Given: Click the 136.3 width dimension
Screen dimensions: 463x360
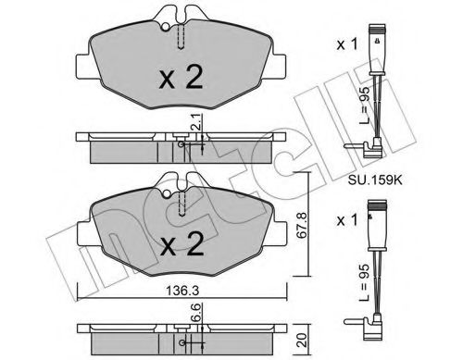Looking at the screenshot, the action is click(x=182, y=291).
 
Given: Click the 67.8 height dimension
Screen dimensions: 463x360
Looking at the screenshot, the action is click(x=301, y=225).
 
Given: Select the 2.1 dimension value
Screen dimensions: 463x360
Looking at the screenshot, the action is click(x=197, y=122).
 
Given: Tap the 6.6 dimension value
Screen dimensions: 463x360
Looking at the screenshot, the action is click(x=197, y=313).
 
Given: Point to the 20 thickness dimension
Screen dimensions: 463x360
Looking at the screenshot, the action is click(x=303, y=340).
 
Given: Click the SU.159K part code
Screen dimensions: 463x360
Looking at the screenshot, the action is click(x=375, y=180).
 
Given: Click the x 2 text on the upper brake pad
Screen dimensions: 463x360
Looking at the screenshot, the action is click(x=181, y=78).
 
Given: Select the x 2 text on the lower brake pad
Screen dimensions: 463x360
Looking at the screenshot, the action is click(x=182, y=243).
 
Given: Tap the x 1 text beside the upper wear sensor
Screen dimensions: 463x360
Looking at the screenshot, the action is click(x=346, y=44).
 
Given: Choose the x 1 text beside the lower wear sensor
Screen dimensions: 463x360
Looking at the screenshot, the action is click(x=346, y=220).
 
